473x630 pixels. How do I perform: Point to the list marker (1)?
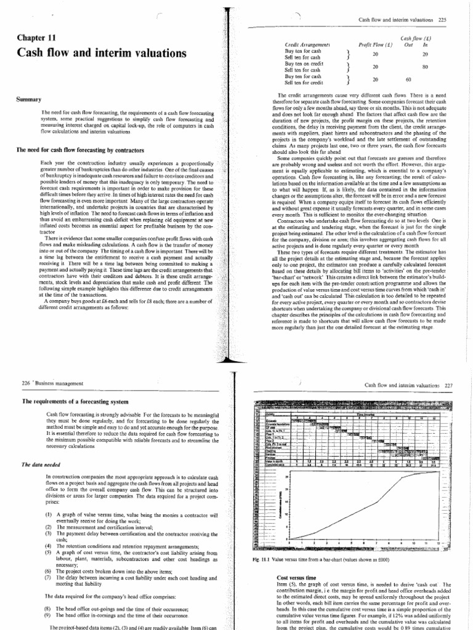pos(49,514)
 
